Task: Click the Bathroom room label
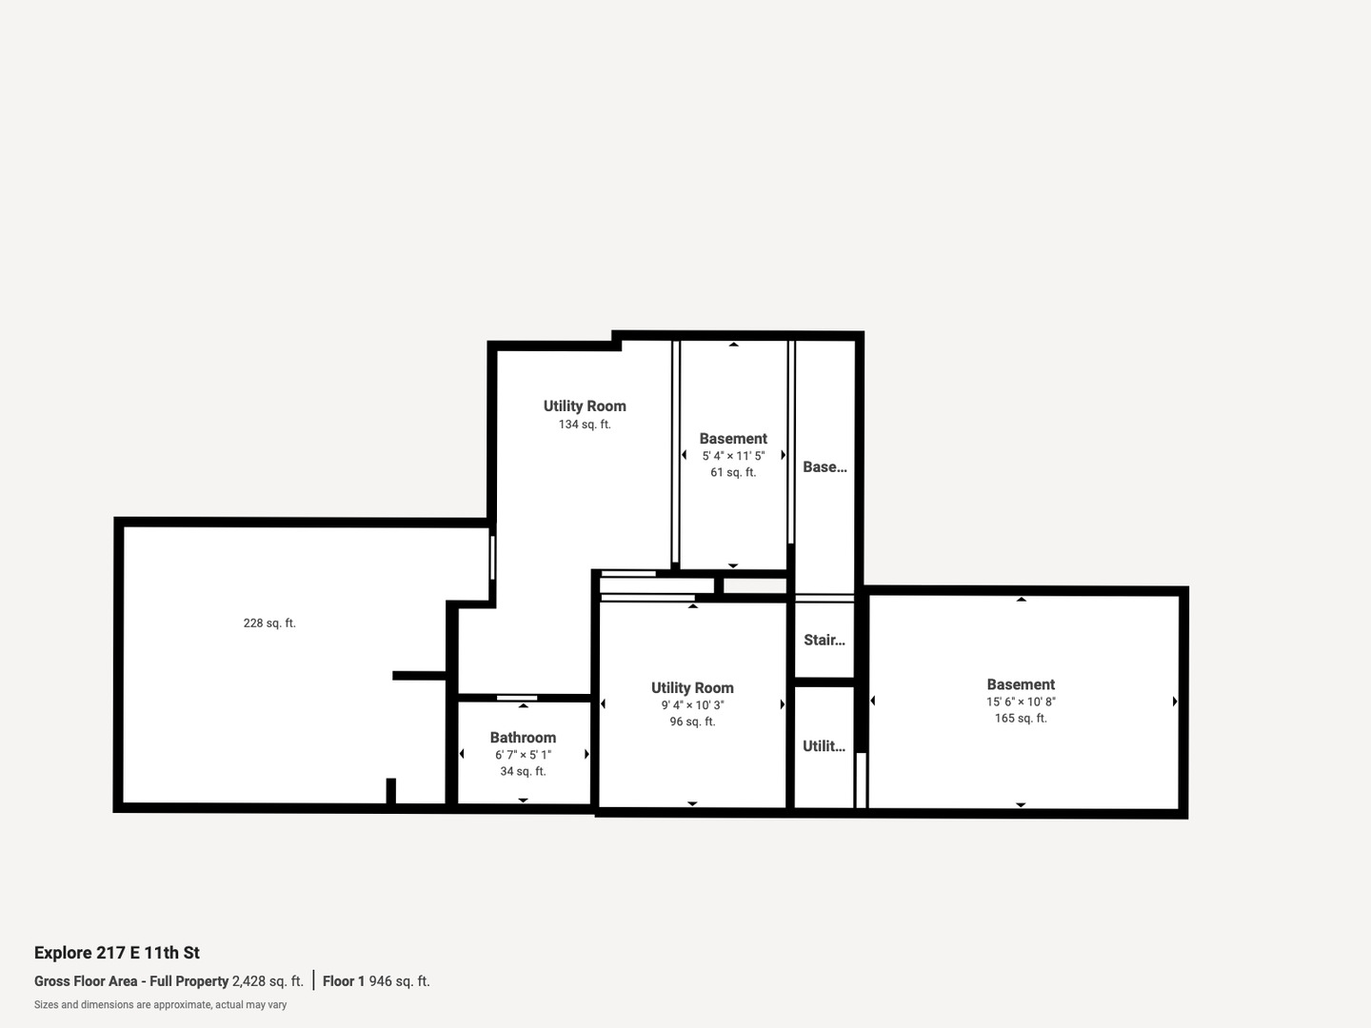coord(523,738)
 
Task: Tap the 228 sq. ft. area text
coord(269,623)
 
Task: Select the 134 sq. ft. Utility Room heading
coord(585,406)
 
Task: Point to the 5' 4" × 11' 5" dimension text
coord(733,456)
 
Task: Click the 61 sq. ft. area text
coord(733,473)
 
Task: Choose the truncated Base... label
coord(825,467)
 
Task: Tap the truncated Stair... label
coord(825,641)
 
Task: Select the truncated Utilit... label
coord(825,746)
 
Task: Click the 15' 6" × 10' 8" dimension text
coord(1021,702)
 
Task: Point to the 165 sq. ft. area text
coord(1021,719)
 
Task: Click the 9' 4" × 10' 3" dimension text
coord(692,705)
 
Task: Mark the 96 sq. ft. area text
coord(692,722)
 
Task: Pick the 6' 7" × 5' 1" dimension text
coord(523,755)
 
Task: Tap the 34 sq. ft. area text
coord(523,772)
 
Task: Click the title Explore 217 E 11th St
coord(117,953)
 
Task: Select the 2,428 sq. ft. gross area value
coord(268,981)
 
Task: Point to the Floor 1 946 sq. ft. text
coord(376,981)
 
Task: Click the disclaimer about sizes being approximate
coord(160,1005)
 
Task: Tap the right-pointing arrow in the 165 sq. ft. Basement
coord(1175,702)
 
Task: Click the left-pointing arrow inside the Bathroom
coord(462,754)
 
